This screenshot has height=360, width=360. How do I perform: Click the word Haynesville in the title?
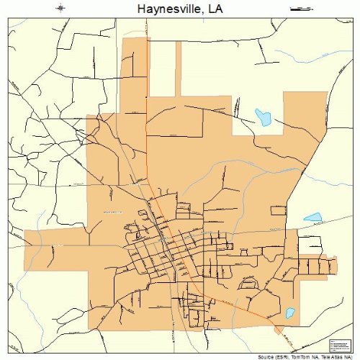click(164, 9)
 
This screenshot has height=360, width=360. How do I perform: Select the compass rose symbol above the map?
click(60, 9)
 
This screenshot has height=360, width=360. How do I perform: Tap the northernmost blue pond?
click(262, 117)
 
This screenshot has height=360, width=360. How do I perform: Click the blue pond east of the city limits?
click(312, 217)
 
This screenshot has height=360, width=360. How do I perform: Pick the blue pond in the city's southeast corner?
click(289, 314)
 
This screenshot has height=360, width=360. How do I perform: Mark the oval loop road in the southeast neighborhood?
click(248, 285)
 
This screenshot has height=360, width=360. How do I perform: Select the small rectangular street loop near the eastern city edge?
click(279, 210)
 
